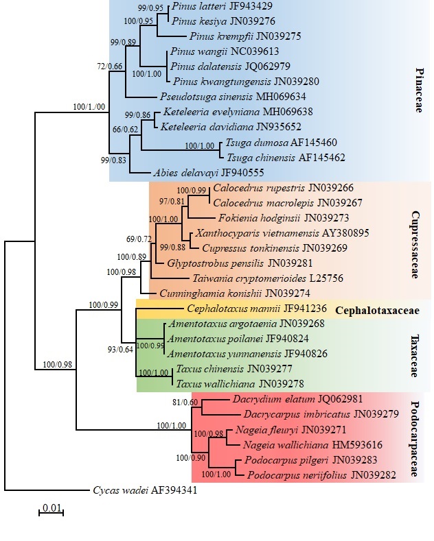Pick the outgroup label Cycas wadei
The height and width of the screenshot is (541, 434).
[x=116, y=490]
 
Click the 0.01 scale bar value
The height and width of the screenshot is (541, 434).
[x=51, y=507]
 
